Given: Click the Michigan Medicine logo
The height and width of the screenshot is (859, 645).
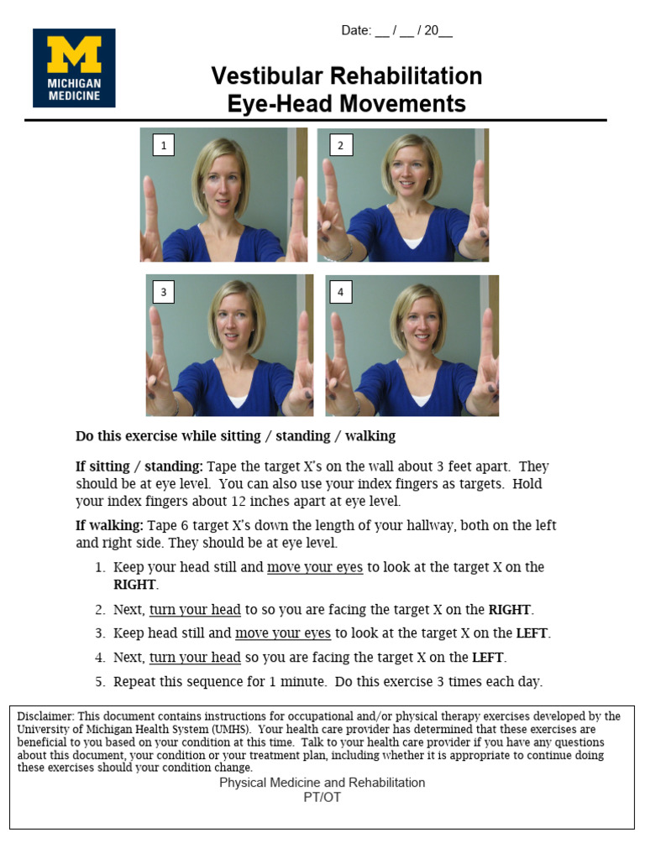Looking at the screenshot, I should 74,68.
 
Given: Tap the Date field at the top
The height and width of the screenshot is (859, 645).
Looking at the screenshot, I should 396,31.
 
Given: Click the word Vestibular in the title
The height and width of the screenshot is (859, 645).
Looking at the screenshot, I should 265,76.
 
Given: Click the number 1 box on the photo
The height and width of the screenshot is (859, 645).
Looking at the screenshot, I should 163,146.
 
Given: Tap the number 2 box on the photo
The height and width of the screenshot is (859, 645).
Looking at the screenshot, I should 340,146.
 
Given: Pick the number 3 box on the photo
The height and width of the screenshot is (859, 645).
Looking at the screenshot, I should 163,293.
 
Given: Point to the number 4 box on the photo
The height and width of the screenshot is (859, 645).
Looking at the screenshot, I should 340,293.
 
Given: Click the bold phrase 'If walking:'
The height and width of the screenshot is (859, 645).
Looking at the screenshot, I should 109,526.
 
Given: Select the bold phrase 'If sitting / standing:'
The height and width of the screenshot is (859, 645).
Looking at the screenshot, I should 139,466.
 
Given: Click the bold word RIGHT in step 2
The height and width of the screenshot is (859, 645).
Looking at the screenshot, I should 510,610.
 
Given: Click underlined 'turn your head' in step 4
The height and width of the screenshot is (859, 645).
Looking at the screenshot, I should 195,658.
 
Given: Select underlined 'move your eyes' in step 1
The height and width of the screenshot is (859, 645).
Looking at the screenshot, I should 315,568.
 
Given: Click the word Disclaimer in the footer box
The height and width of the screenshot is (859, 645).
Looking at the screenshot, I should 45,716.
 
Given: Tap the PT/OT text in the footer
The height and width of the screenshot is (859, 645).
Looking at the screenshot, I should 322,797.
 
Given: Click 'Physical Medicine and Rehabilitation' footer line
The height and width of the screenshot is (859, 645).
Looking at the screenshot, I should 322,783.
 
